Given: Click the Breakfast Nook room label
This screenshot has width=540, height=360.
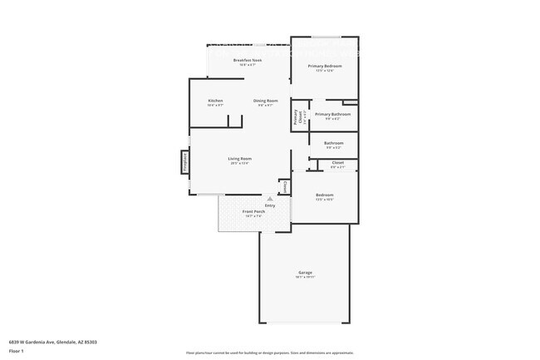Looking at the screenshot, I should [x=248, y=60].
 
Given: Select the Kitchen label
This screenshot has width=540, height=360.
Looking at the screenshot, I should [x=215, y=101].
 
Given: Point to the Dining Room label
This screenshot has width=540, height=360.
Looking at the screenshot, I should [x=266, y=101].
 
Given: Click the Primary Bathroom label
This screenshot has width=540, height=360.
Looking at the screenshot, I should [x=332, y=114].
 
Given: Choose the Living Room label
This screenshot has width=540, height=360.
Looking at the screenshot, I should [x=240, y=158].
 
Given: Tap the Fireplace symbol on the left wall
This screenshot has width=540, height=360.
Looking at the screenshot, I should [x=184, y=162].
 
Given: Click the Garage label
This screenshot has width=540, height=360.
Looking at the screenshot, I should [x=305, y=273].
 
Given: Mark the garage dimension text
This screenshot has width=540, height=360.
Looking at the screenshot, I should [x=305, y=278].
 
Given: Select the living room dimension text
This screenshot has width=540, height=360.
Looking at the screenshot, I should [x=240, y=163].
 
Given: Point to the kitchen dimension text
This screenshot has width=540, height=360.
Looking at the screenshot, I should [x=215, y=106].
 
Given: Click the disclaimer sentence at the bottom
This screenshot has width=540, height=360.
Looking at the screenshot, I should [x=269, y=353].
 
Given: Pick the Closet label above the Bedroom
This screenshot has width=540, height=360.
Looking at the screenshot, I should [x=337, y=162].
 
